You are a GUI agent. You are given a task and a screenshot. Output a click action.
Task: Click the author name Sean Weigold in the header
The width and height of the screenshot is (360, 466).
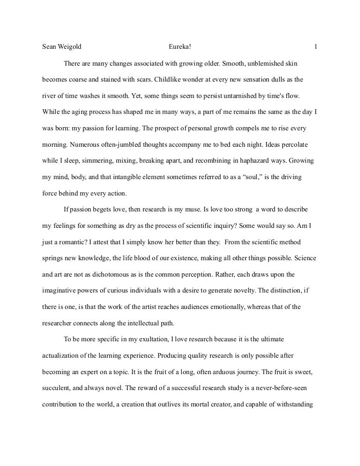tap(62, 47)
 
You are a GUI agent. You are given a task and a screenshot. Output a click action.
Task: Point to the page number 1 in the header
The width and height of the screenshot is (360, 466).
tap(316, 47)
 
